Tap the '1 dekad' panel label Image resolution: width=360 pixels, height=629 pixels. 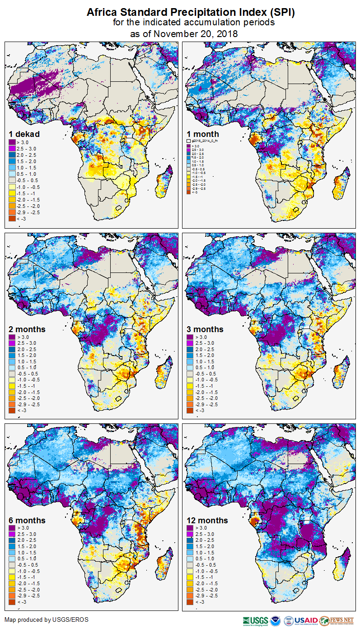[x=24, y=134]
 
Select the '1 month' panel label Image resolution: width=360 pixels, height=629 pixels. [x=203, y=134]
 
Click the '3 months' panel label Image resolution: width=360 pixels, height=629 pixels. [x=205, y=329]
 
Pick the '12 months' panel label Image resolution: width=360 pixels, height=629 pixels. [x=207, y=520]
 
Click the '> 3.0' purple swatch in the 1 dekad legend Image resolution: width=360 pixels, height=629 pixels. [x=13, y=142]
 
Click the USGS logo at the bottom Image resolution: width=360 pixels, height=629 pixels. [x=256, y=620]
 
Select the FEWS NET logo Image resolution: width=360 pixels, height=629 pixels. [x=337, y=620]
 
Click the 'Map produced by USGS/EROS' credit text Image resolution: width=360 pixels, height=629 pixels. [x=47, y=620]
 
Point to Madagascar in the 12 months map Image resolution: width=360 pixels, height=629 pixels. [x=343, y=562]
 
